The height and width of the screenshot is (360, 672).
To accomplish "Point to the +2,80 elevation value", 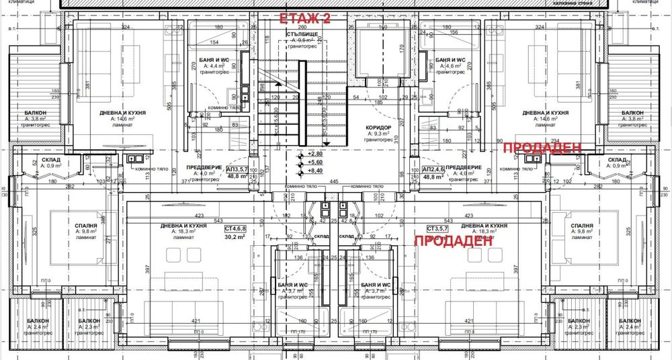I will (x=315, y=154).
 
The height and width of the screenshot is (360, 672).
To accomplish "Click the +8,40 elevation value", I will (x=315, y=171).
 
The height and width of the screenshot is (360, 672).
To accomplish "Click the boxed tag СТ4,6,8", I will (x=235, y=228).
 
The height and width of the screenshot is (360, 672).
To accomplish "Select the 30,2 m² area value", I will (x=234, y=236).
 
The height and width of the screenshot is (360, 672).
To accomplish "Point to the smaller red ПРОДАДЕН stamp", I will (x=541, y=148).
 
